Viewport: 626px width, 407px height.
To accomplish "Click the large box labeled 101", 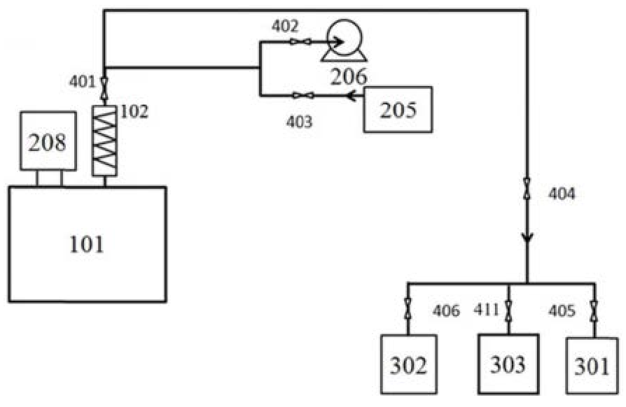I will (88, 244).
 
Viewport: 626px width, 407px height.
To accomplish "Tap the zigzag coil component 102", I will (105, 141).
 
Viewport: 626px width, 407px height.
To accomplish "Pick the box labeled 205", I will (397, 109).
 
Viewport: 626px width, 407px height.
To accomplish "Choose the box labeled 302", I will (408, 364).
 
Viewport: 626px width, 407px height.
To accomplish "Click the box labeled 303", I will (508, 364).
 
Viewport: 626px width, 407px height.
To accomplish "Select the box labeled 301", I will (592, 365).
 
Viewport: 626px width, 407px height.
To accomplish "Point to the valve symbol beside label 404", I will (527, 190).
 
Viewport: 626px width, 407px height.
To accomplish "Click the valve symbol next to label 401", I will (104, 87).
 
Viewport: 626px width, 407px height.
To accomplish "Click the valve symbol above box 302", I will (408, 308).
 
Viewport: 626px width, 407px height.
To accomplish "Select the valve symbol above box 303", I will (508, 308).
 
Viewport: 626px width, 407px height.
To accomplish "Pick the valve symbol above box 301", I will (594, 308).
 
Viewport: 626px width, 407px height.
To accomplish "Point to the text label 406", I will (446, 310).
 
